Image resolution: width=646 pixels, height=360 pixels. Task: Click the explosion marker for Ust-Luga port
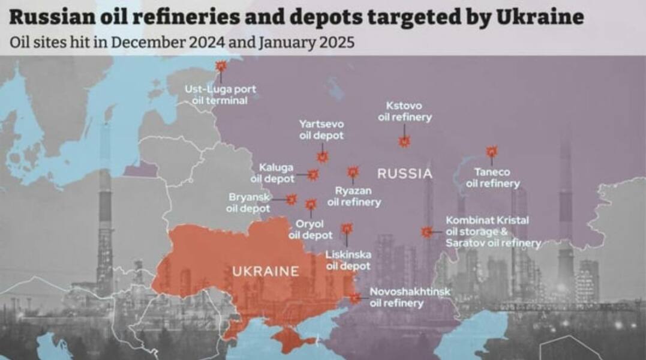tap(221, 65)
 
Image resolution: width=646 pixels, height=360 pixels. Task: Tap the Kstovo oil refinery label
tap(404, 112)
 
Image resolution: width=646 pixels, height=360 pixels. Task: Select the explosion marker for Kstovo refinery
tap(405, 142)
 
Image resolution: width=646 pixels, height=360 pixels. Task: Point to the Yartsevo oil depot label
tap(322, 130)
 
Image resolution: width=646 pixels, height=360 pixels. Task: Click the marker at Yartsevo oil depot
tap(323, 157)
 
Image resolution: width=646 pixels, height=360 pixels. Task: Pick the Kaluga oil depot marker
tap(313, 175)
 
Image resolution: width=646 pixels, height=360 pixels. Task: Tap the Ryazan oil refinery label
tap(353, 196)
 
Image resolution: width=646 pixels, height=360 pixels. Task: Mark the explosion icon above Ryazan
tap(353, 172)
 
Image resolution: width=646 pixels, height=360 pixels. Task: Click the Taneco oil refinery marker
tap(492, 151)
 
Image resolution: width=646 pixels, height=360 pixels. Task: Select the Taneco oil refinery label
tap(493, 178)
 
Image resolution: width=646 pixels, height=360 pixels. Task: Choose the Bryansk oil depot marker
tap(292, 199)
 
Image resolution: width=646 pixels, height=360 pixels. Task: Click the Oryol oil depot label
tap(310, 230)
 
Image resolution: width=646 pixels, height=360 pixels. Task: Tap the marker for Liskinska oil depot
tap(347, 229)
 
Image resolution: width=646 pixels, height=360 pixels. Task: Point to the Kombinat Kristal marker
tap(427, 232)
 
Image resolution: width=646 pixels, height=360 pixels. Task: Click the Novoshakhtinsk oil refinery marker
tap(356, 297)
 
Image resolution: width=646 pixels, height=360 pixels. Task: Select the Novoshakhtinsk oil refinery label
tap(410, 298)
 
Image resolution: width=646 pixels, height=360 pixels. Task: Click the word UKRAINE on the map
tap(265, 271)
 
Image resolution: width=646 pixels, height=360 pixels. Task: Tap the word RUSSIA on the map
tap(404, 174)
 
